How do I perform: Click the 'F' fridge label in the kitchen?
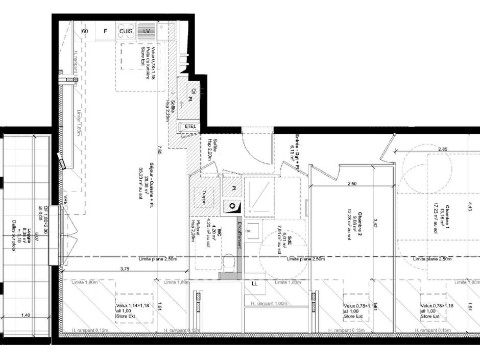point(106,31)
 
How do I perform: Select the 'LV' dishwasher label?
point(146,31)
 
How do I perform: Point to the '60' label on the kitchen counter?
point(85,31)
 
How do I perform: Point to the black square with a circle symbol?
point(232,206)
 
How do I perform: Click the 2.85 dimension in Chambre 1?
point(443,149)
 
